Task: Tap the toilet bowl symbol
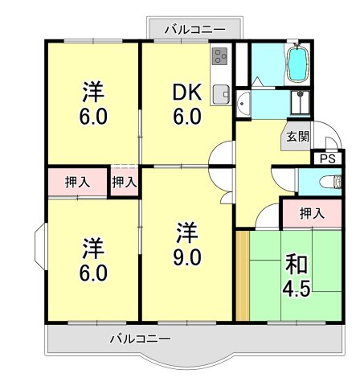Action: tap(325, 183)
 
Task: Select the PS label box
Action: tap(326, 158)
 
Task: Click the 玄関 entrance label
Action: tap(297, 137)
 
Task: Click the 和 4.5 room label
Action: tap(297, 275)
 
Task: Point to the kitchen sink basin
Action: tap(221, 93)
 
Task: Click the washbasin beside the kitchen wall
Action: tap(243, 102)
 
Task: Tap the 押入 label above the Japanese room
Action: tap(311, 214)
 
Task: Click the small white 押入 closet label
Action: tap(124, 183)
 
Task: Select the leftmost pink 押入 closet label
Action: tap(76, 183)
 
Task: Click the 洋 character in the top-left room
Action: tap(93, 91)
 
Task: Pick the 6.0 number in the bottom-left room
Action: tap(93, 273)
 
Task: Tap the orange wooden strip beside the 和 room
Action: tap(243, 275)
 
